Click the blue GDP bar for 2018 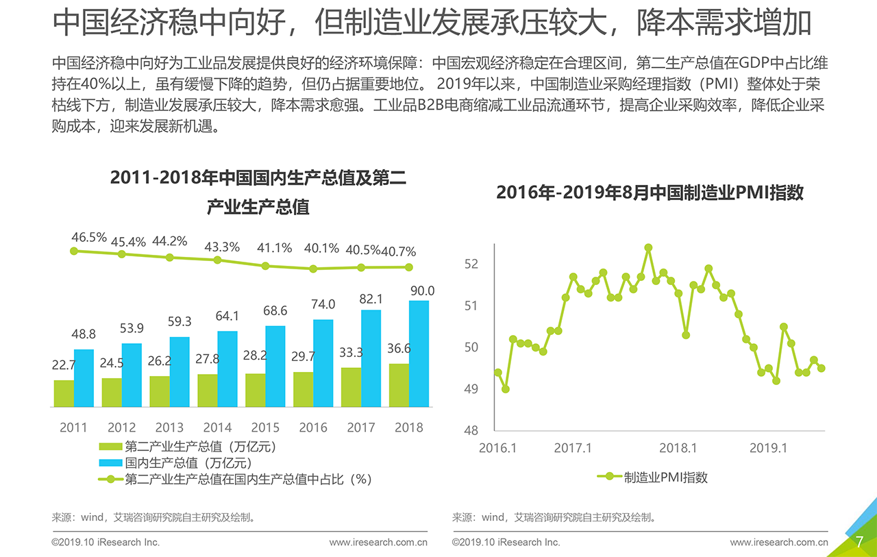[419, 354]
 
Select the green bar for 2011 [64, 394]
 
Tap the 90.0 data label [422, 292]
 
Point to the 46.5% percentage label [89, 238]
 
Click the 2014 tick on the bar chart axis [217, 428]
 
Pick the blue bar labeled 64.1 [227, 369]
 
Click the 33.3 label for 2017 [351, 353]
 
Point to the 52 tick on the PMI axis [471, 264]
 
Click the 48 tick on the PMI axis [471, 431]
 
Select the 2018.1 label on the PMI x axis [678, 448]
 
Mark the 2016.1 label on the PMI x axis [497, 448]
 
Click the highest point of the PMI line [648, 247]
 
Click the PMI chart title [649, 193]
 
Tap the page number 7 [859, 543]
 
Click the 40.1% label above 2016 [321, 249]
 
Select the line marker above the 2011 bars [74, 251]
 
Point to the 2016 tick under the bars [313, 428]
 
